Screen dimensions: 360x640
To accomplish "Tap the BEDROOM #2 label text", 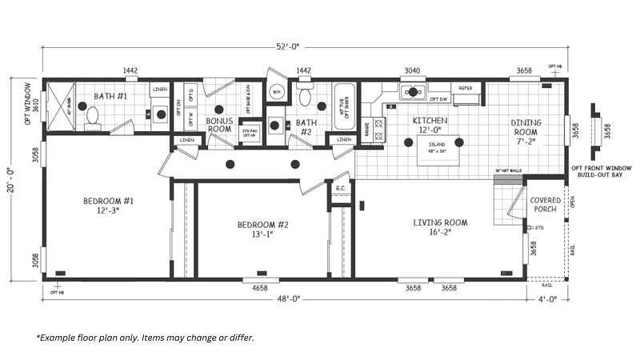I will [256, 230].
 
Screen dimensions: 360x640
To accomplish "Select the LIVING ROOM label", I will [440, 227].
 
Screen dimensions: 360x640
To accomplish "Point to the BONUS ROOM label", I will [219, 124].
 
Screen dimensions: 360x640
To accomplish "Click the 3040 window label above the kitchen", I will [412, 71].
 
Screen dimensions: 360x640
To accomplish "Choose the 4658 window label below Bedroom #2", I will [260, 288].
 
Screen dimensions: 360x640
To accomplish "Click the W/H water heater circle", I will [277, 92].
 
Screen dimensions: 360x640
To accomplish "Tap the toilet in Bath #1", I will [92, 117].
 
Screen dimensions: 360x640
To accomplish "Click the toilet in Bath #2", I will [304, 96].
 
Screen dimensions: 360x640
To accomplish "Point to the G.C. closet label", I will [340, 189].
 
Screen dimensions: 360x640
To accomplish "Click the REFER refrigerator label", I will [464, 88].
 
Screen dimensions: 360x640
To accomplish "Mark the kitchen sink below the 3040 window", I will [414, 93].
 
